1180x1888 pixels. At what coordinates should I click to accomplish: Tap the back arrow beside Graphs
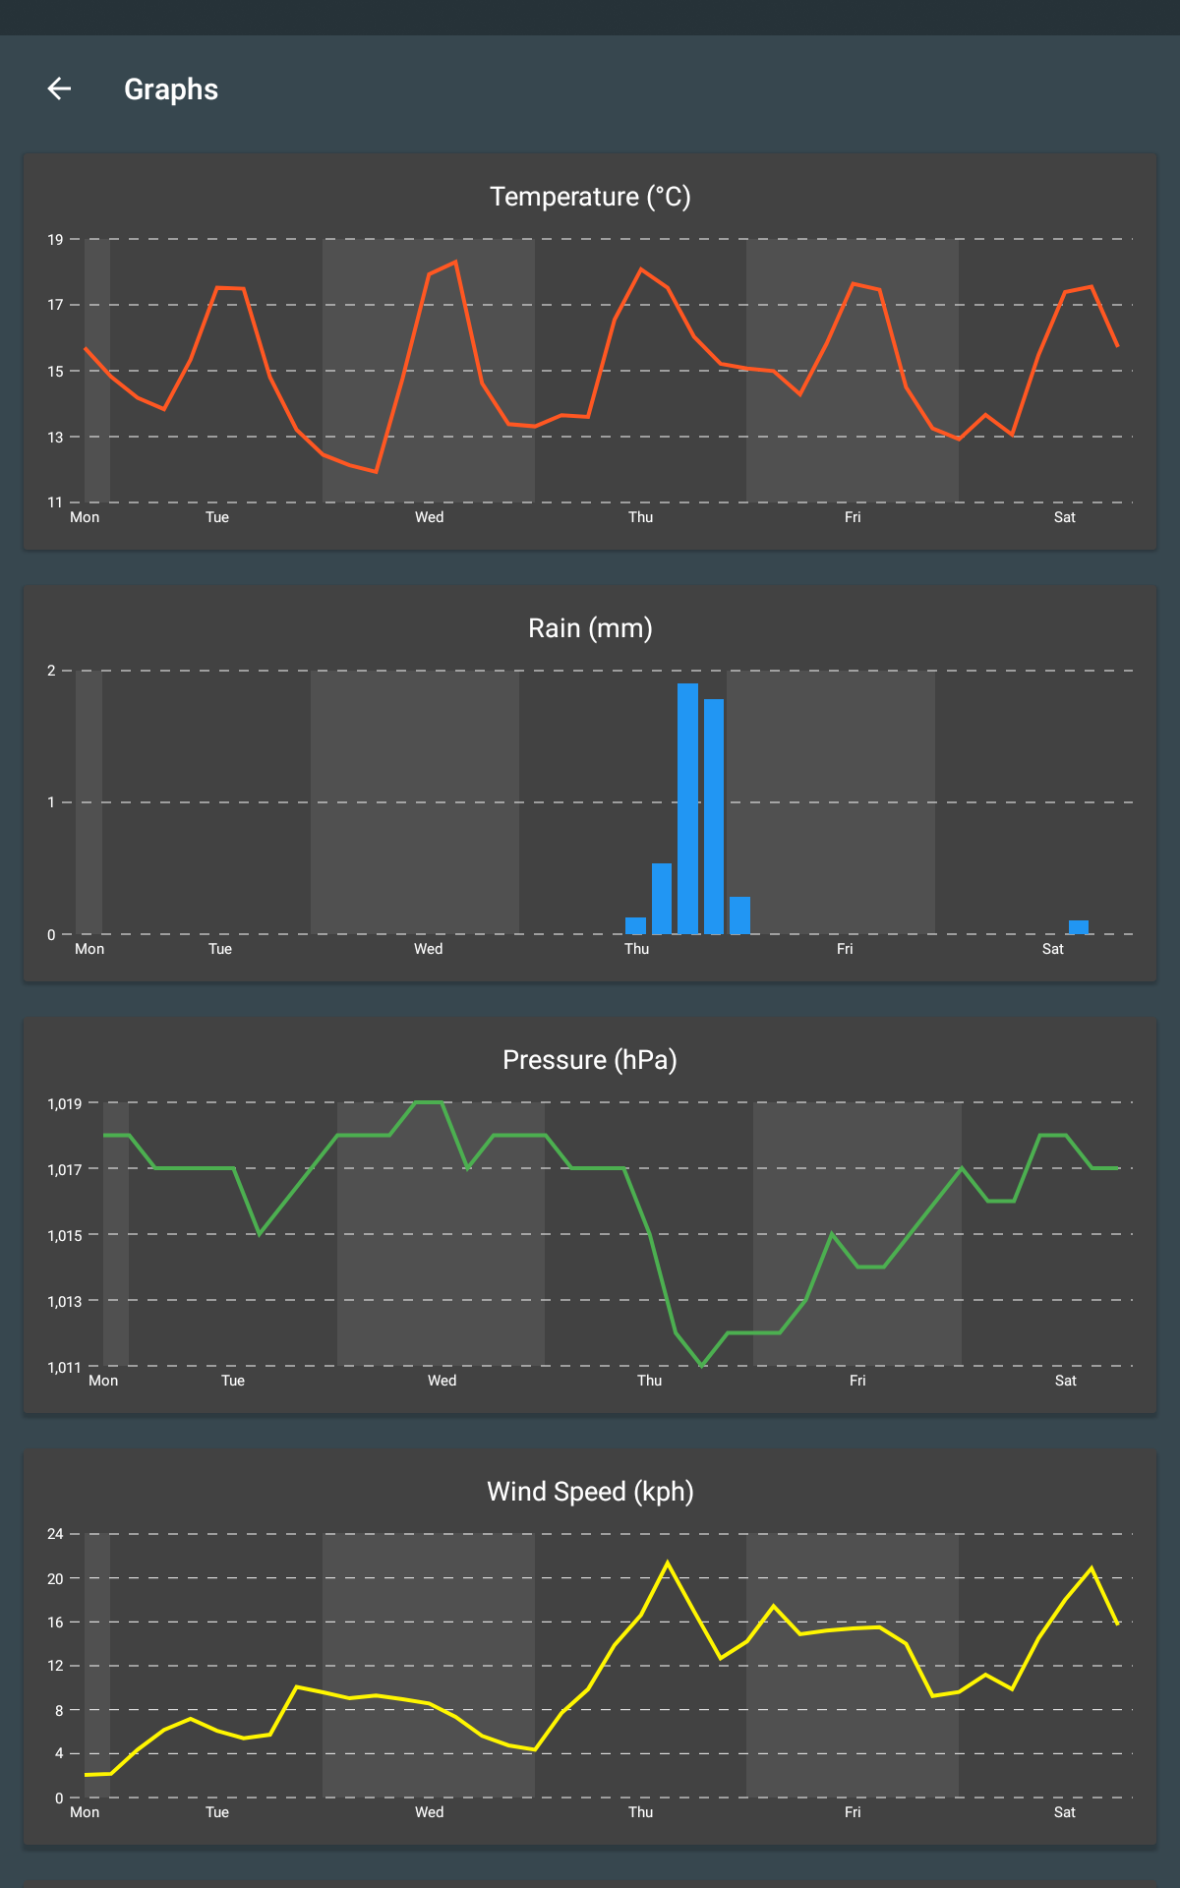[59, 89]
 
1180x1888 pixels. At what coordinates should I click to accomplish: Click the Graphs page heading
[171, 89]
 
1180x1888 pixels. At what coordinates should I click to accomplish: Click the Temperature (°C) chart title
[590, 197]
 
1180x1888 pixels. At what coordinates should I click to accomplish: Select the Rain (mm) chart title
[590, 628]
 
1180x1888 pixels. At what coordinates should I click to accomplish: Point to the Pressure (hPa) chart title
[590, 1060]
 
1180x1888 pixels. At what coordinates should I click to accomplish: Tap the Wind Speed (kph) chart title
[590, 1492]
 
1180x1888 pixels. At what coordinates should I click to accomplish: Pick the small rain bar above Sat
[1079, 926]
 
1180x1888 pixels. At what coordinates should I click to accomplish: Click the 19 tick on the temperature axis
[55, 240]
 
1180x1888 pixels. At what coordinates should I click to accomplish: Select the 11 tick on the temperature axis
[55, 502]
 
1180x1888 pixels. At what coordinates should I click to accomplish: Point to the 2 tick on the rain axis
[51, 671]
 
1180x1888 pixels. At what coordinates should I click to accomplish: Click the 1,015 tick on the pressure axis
[65, 1236]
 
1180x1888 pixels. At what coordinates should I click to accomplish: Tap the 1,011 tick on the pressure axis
[65, 1368]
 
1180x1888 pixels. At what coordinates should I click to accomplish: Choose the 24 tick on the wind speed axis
[55, 1534]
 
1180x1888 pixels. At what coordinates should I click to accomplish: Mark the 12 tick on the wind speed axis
[55, 1666]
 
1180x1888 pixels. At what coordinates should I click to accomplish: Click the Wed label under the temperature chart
[429, 517]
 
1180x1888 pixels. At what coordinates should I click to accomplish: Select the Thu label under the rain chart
[636, 949]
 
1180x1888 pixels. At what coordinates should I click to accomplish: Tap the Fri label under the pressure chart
[857, 1381]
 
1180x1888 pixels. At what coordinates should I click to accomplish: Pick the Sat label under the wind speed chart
[1065, 1812]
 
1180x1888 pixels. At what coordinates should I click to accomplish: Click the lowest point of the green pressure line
[702, 1365]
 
